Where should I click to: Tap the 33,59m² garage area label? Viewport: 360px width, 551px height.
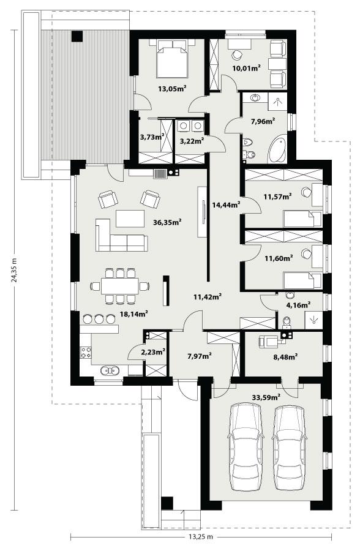(266, 397)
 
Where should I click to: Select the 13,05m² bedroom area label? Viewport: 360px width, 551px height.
(172, 88)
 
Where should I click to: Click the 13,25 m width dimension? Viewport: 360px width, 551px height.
(201, 537)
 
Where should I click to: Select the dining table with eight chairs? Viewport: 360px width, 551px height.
(120, 286)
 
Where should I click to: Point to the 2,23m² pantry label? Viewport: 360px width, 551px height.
(153, 353)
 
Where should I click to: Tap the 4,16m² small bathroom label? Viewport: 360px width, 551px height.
(298, 304)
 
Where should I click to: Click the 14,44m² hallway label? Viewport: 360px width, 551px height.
(225, 204)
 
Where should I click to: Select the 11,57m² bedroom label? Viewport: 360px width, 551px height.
(277, 196)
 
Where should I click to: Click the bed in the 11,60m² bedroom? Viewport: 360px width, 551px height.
(302, 280)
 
